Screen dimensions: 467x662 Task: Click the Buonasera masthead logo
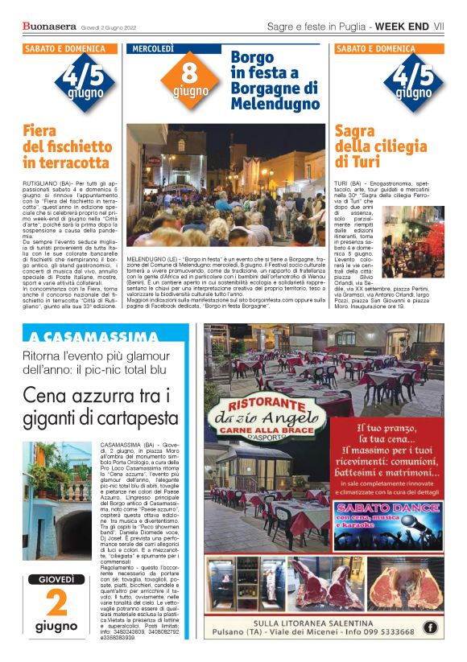51,27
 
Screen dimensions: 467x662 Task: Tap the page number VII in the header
439,27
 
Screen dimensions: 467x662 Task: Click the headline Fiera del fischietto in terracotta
68,146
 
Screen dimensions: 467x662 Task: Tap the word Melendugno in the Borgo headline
275,105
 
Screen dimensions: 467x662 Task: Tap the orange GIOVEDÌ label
56,580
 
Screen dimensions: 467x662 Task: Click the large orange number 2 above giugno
56,604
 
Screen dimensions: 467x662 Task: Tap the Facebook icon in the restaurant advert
431,627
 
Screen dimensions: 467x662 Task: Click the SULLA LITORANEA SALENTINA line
322,623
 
